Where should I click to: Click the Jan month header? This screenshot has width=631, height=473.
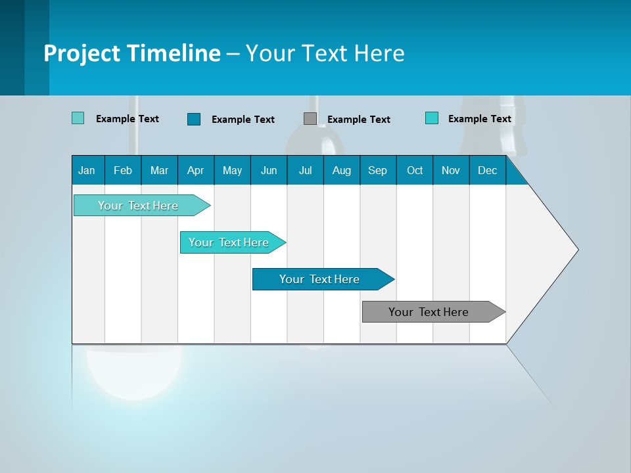[87, 170]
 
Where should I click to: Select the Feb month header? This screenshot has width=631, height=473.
[123, 170]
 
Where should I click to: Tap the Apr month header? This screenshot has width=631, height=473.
[195, 170]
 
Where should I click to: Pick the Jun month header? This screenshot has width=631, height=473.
[269, 170]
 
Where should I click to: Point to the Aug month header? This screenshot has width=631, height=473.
[341, 170]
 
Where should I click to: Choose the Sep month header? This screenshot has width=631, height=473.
[377, 170]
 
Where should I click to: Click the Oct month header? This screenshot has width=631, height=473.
[415, 170]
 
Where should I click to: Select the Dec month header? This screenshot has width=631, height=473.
[487, 170]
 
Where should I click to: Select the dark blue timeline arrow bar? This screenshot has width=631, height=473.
[320, 279]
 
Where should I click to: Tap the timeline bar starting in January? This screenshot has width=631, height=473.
[139, 206]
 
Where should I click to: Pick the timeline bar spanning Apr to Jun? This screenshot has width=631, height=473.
[229, 242]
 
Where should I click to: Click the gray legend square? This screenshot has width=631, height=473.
[310, 119]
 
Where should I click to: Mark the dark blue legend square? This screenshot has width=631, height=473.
[194, 119]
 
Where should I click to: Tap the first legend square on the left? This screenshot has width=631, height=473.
[78, 118]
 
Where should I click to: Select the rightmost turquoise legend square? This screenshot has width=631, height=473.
[432, 118]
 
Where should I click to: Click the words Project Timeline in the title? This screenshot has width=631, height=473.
[131, 53]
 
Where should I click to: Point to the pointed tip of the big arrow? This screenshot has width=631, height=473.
[576, 249]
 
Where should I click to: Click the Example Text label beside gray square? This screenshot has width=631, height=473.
[358, 120]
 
